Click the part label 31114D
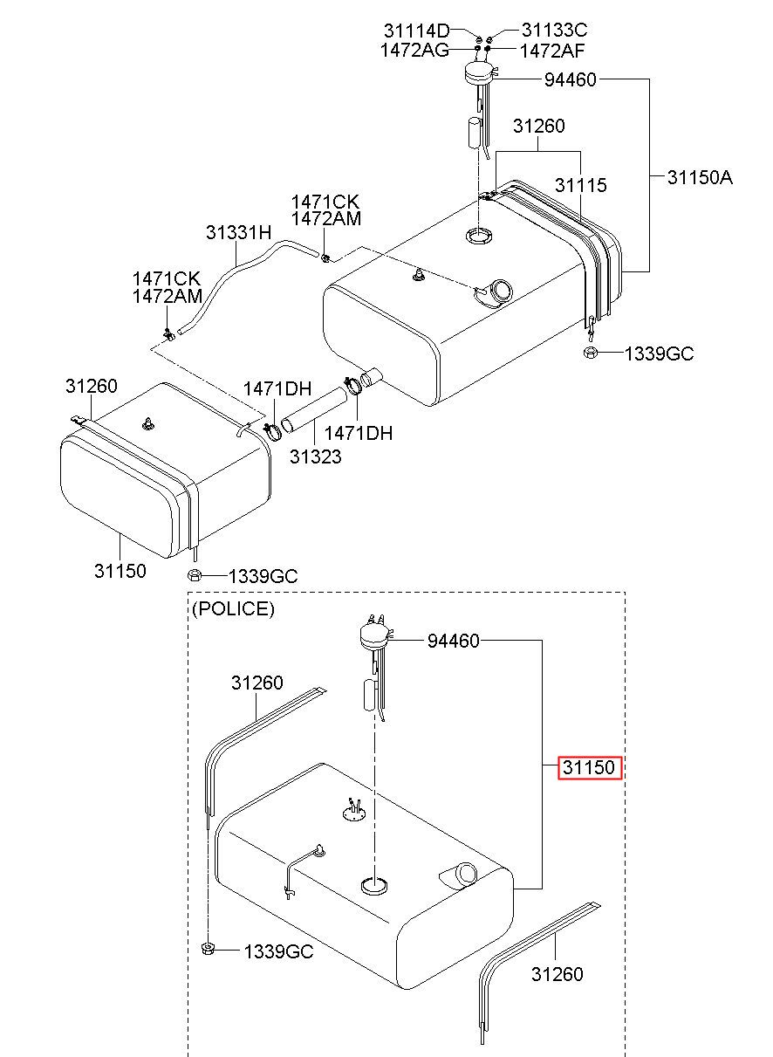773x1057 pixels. tap(416, 31)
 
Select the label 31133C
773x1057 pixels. tap(555, 31)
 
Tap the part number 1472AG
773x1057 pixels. tap(414, 51)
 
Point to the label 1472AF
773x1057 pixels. tap(552, 51)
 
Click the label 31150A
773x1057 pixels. tap(700, 177)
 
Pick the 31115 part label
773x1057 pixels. tap(580, 185)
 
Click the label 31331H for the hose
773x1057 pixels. tap(239, 232)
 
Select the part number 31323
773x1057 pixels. tap(316, 456)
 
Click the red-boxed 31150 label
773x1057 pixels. tap(590, 767)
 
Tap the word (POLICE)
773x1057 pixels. tap(233, 608)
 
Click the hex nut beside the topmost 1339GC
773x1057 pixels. tap(590, 353)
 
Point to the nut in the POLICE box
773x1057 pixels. tap(208, 948)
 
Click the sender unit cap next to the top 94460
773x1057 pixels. tap(480, 73)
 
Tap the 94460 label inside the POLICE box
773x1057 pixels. tap(453, 641)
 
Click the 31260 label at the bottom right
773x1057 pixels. tap(557, 974)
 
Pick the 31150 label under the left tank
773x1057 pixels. tap(120, 571)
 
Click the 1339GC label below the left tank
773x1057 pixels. tap(263, 576)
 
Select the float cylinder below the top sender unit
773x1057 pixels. tap(475, 133)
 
